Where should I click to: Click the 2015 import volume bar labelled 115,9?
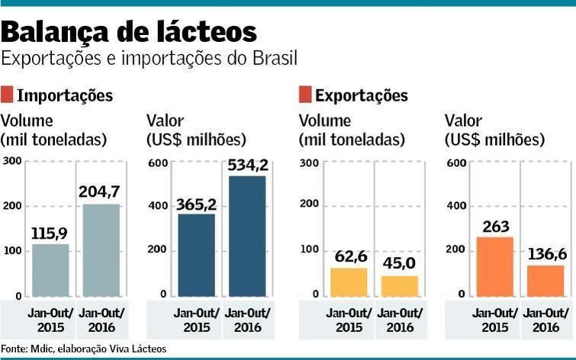point(50,269)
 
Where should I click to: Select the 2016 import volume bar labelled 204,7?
point(101,249)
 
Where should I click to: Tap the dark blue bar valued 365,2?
point(197,255)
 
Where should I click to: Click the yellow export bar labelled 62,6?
point(349,281)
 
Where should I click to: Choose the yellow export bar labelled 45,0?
point(399,285)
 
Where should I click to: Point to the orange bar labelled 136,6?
point(545,280)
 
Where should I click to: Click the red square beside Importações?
point(8,95)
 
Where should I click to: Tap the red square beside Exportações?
point(305,95)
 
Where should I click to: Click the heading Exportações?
point(361,95)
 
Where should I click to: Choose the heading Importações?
point(65,95)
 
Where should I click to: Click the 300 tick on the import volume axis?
point(12,161)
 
